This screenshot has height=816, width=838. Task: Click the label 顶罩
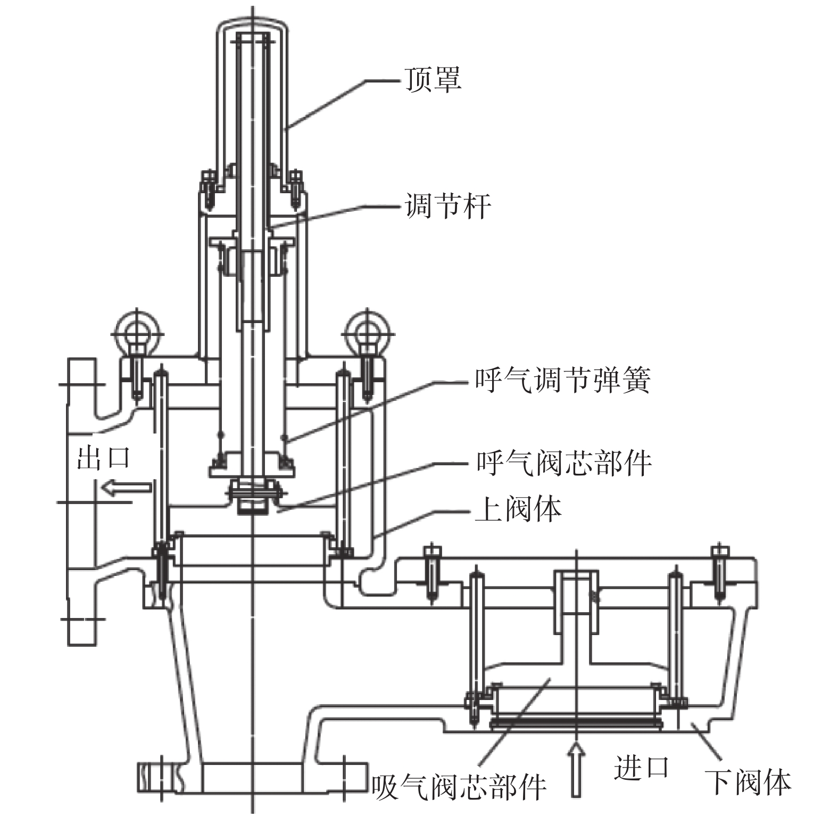click(x=433, y=80)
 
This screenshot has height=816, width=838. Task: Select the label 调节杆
click(x=447, y=206)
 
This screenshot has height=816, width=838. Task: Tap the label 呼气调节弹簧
click(x=563, y=381)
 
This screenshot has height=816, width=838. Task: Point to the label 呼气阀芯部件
click(x=564, y=463)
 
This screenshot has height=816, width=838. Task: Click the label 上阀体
click(x=518, y=509)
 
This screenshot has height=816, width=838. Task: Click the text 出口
click(x=104, y=458)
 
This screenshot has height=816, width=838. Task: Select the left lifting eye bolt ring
click(x=138, y=333)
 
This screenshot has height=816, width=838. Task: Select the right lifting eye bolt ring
click(x=367, y=333)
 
